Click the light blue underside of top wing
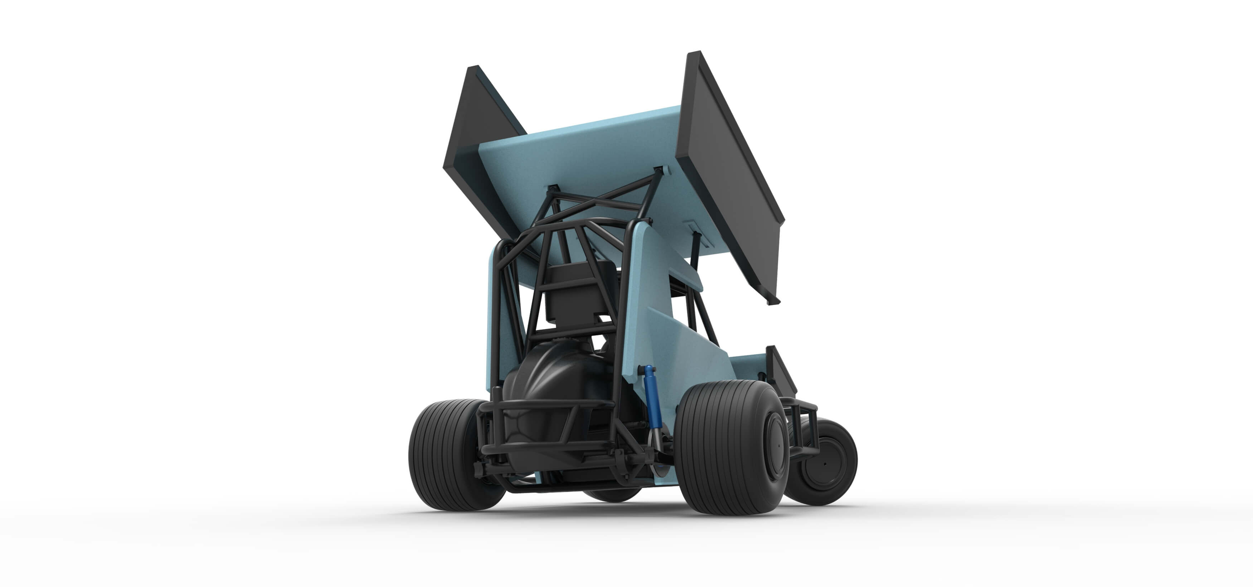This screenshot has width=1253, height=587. pyautogui.click(x=584, y=156)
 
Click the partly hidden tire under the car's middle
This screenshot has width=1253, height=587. pyautogui.click(x=613, y=494)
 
